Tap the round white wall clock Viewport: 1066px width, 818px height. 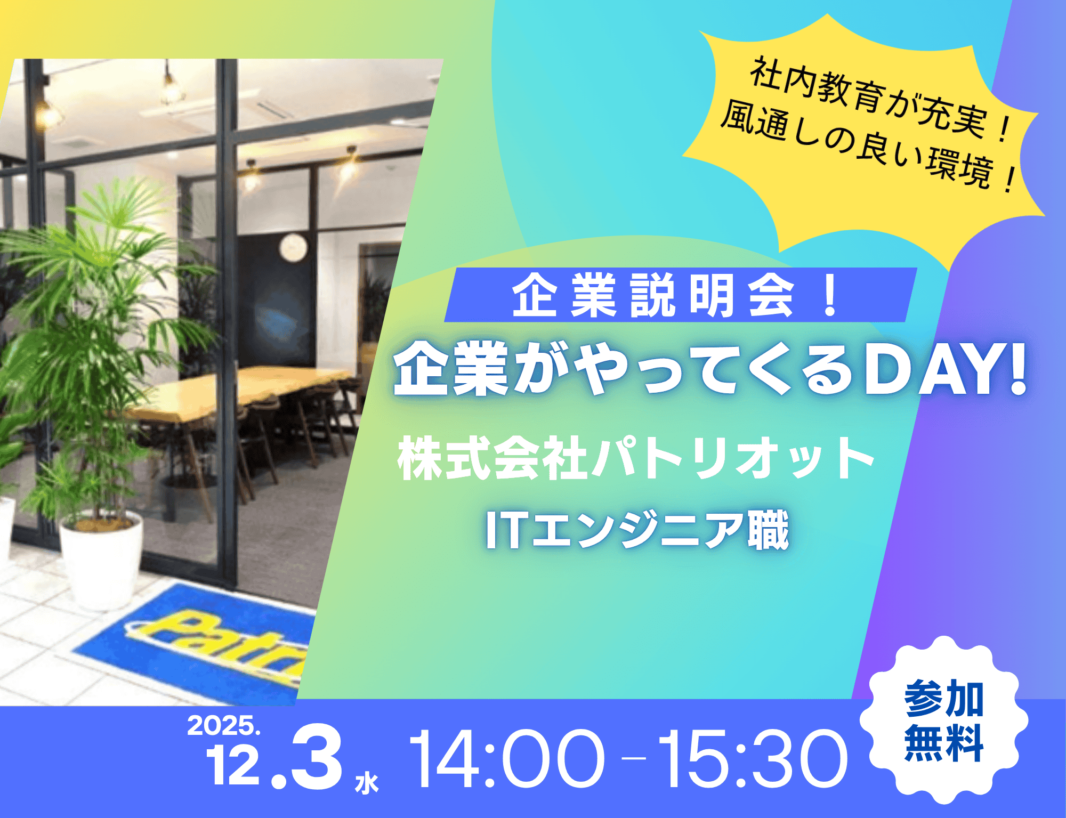pyautogui.click(x=294, y=247)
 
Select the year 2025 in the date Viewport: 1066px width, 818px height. pyautogui.click(x=223, y=726)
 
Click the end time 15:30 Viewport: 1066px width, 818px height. pyautogui.click(x=752, y=759)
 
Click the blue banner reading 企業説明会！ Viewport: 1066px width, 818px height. pyautogui.click(x=677, y=295)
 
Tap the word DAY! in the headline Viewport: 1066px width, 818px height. pyautogui.click(x=943, y=370)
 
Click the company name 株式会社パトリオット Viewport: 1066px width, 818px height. pyautogui.click(x=634, y=458)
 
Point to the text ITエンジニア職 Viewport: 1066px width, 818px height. pyautogui.click(x=637, y=530)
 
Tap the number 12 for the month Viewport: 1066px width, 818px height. pyautogui.click(x=233, y=765)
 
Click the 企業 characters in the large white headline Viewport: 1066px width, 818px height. pyautogui.click(x=450, y=370)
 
